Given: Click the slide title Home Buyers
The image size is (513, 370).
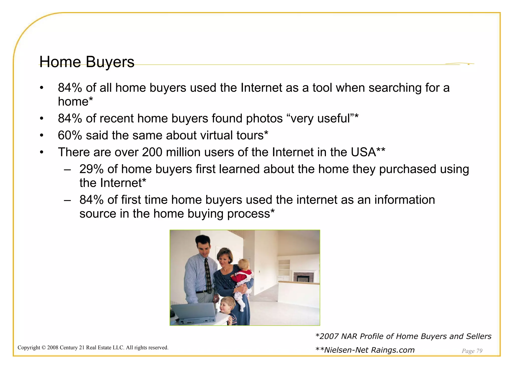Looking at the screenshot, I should pyautogui.click(x=87, y=62).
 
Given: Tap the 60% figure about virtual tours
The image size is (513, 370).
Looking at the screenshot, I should pyautogui.click(x=70, y=135).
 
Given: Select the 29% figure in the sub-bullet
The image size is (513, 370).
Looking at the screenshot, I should pyautogui.click(x=91, y=169).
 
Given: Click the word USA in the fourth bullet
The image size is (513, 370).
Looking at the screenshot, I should pyautogui.click(x=363, y=152).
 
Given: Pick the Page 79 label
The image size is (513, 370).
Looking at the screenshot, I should pyautogui.click(x=472, y=351).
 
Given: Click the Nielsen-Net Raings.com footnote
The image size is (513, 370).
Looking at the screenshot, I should pyautogui.click(x=365, y=350).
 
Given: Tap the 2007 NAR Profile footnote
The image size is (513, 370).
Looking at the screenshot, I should pyautogui.click(x=403, y=336).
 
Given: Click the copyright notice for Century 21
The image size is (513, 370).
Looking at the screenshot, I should pyautogui.click(x=93, y=348).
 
